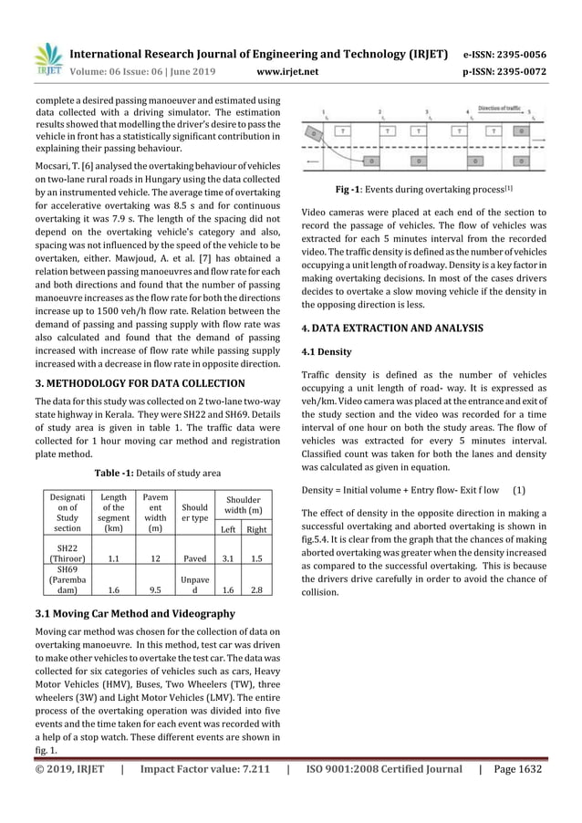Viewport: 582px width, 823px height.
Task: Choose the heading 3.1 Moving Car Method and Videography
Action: tap(134, 613)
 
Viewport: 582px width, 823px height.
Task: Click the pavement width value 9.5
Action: tap(155, 589)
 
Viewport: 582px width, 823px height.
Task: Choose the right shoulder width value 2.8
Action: tap(256, 589)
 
